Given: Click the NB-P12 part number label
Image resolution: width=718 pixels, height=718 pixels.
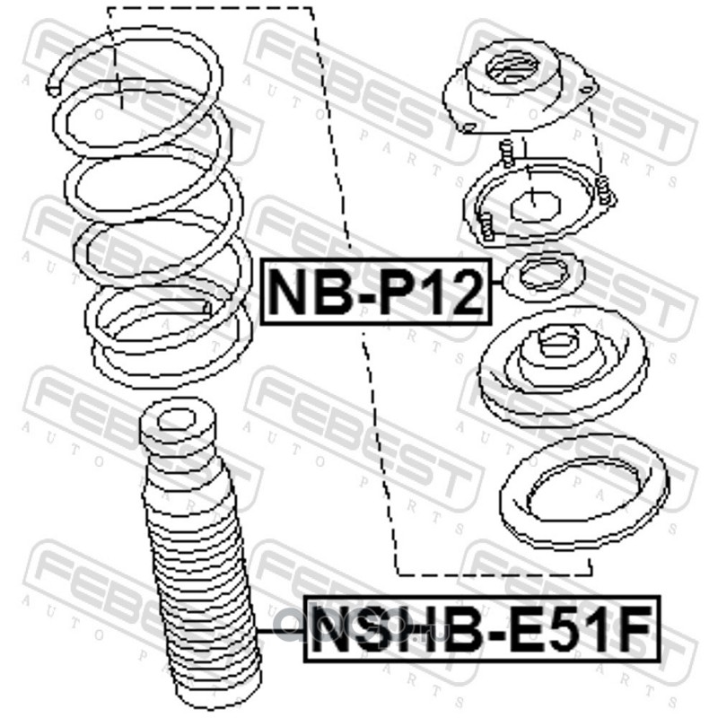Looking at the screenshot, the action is pos(376,292).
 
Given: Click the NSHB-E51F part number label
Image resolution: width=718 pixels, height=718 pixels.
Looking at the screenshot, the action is pos(483,629).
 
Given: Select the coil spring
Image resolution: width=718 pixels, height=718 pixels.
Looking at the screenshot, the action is pos(151,206).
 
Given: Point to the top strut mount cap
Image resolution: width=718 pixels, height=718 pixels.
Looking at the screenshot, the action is pos(520,87).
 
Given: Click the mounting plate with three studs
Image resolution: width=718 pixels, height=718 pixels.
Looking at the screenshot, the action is pos(539,201).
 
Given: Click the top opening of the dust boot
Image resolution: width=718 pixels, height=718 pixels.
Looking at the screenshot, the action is pos(176,419).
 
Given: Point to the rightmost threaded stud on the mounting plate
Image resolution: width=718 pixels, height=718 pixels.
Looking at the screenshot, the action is pos(604,189).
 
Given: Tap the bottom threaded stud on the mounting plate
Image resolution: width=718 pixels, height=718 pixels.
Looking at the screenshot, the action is pos(486,228).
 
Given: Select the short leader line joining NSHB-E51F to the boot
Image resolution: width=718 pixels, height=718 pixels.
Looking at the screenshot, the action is pos(281,631).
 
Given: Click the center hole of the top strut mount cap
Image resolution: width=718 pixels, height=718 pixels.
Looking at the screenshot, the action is pos(512,69).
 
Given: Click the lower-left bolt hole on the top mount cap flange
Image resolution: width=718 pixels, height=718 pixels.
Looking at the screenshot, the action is pos(468,127).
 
